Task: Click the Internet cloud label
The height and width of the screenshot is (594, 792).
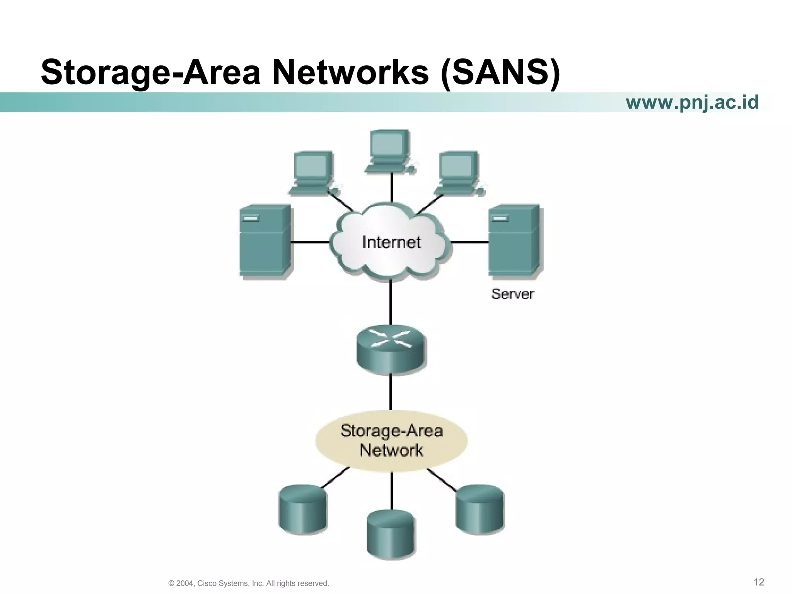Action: pyautogui.click(x=391, y=242)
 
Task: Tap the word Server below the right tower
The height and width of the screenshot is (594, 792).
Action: pyautogui.click(x=512, y=294)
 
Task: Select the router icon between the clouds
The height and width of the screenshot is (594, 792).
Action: pyautogui.click(x=390, y=349)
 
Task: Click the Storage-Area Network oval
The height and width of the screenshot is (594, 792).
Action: pyautogui.click(x=391, y=441)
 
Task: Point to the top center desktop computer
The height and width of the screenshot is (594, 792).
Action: pyautogui.click(x=389, y=151)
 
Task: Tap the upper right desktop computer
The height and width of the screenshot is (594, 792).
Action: pyautogui.click(x=458, y=172)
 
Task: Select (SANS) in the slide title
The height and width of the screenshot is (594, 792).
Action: pyautogui.click(x=500, y=73)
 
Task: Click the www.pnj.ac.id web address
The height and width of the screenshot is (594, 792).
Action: pyautogui.click(x=692, y=102)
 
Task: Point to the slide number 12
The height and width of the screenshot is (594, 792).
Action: pyautogui.click(x=759, y=582)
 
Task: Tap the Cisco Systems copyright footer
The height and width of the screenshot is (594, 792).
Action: pyautogui.click(x=249, y=583)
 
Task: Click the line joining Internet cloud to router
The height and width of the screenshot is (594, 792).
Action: pyautogui.click(x=391, y=304)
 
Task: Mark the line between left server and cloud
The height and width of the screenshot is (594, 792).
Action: pyautogui.click(x=310, y=242)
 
